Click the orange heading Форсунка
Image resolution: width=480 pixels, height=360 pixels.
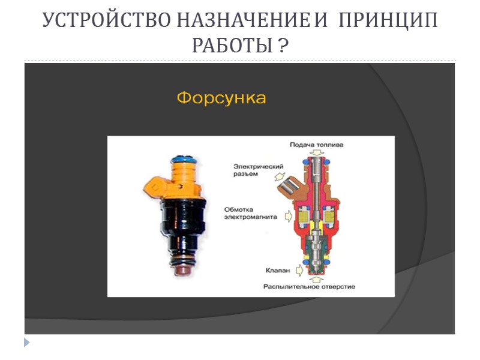[x=221, y=98]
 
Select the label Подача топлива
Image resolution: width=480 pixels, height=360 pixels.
[x=317, y=145]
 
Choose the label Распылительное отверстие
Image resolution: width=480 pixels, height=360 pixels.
[x=309, y=287]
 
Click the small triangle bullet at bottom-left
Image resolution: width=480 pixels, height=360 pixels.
[x=26, y=343]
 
